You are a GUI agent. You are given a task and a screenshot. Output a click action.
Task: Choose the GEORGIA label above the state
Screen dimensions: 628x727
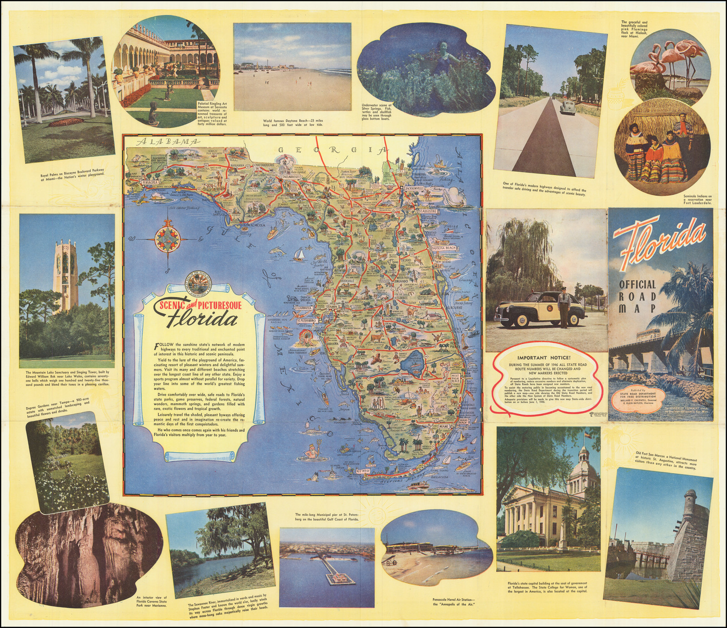click(x=334, y=150)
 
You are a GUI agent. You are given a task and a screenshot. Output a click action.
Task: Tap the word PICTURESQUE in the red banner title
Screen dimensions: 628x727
click(x=214, y=305)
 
